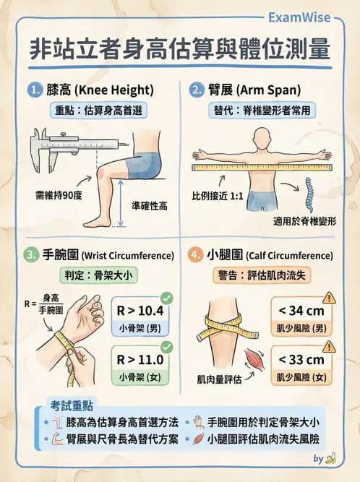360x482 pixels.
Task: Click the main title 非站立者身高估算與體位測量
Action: point(180,49)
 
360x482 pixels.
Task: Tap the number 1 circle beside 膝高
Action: point(35,90)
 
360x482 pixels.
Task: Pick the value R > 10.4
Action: point(140,311)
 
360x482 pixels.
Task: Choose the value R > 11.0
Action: point(140,360)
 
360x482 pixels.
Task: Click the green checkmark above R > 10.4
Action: point(166,297)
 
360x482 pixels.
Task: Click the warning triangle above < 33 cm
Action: point(329,346)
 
